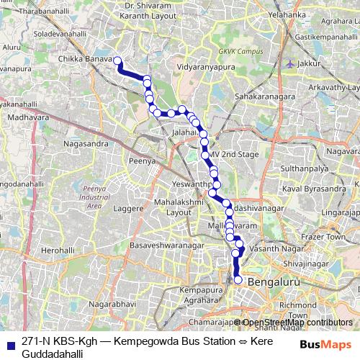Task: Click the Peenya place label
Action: click(x=143, y=161)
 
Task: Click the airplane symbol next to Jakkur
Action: click(x=291, y=63)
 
